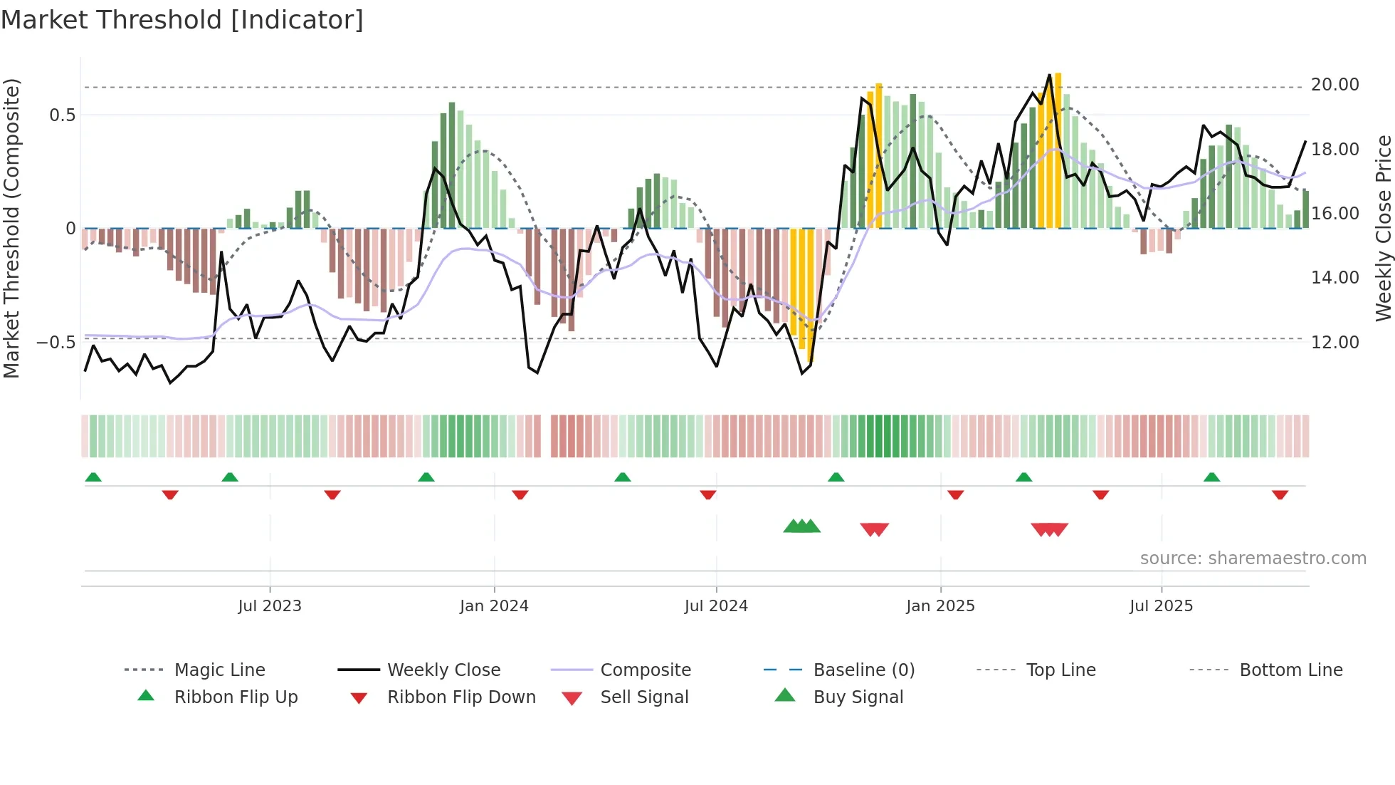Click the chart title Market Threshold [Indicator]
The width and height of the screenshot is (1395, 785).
(x=182, y=20)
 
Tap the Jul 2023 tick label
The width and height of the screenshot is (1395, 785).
(x=270, y=606)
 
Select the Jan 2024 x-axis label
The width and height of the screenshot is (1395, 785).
(x=494, y=606)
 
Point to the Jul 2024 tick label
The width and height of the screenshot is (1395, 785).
(x=716, y=606)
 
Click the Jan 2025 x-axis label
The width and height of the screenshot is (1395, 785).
(x=940, y=606)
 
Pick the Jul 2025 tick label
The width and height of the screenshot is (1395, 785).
(x=1161, y=606)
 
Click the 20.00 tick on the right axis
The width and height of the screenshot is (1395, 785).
(x=1335, y=85)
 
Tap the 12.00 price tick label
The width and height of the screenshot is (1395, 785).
(x=1335, y=343)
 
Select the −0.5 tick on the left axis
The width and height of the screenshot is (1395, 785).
(x=56, y=343)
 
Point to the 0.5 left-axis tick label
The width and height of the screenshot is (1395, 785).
(x=62, y=115)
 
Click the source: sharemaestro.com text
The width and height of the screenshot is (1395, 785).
(x=1253, y=558)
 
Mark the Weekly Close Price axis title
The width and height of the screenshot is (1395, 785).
(x=1383, y=228)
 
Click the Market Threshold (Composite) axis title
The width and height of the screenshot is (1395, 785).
(x=11, y=228)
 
